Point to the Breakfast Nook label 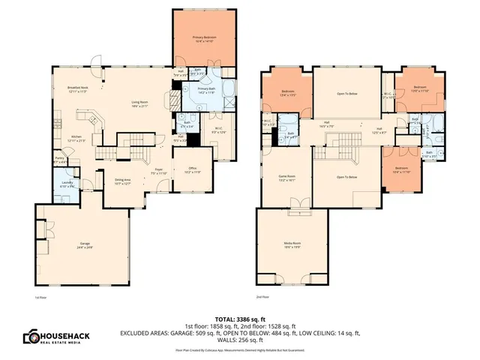pos(78,88)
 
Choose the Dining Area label pos(123,181)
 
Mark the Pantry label pos(59,159)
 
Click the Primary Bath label pos(207,91)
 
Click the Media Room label pos(292,244)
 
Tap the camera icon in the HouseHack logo pos(34,337)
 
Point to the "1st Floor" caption pos(41,298)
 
